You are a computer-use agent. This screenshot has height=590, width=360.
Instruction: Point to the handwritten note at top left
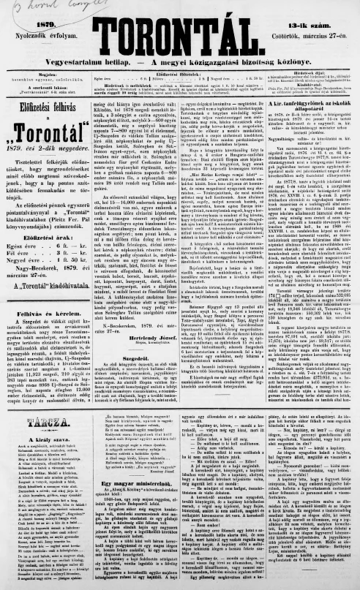[x=29, y=7]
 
